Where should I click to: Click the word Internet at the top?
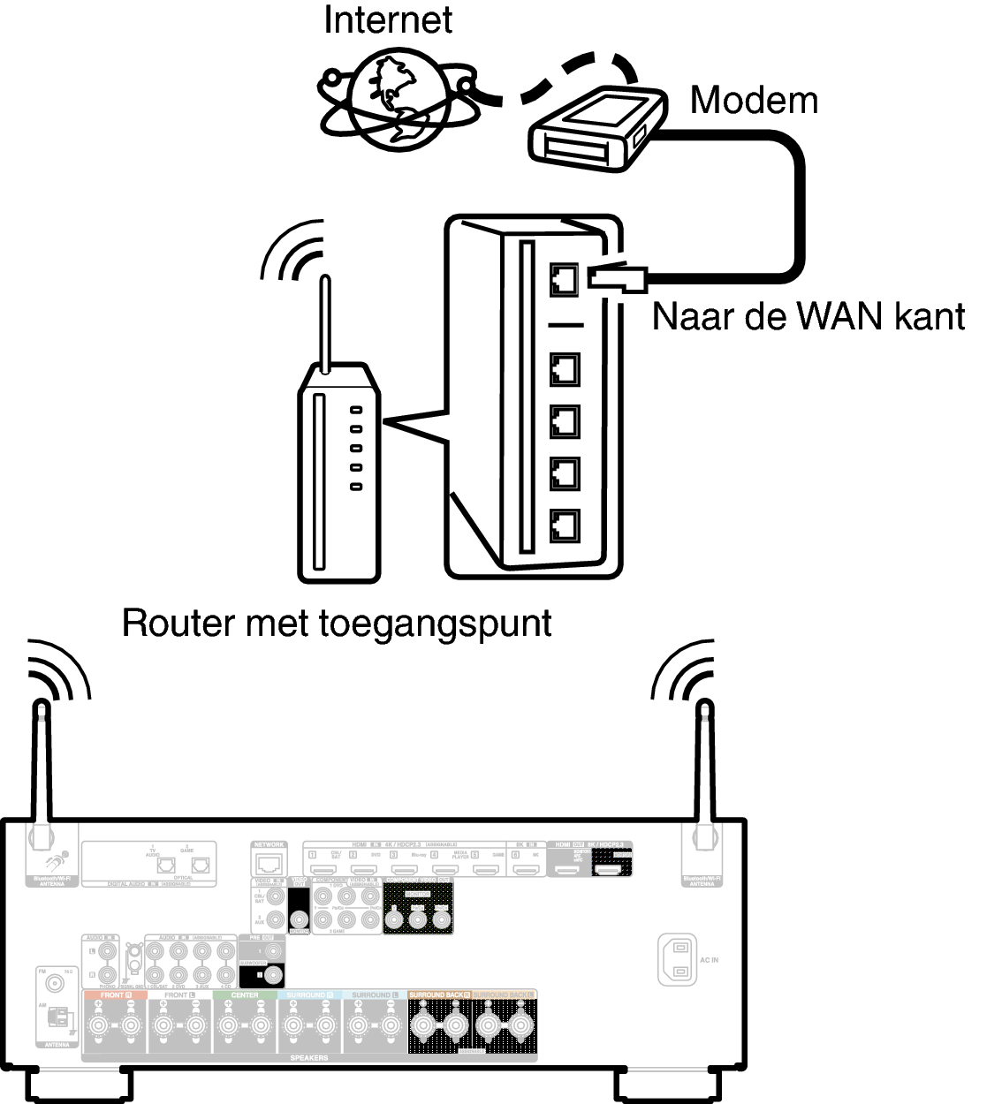click(x=388, y=19)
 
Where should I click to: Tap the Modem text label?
click(x=753, y=100)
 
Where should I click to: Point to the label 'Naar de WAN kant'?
click(x=808, y=315)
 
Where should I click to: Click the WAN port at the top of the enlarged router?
click(x=564, y=279)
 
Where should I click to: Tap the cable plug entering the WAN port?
click(x=619, y=278)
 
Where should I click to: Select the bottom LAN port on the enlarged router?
click(x=564, y=526)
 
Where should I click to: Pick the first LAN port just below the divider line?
click(x=564, y=368)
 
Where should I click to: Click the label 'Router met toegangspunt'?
click(x=337, y=623)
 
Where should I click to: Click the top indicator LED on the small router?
click(x=356, y=411)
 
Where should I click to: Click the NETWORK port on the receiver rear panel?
click(x=269, y=865)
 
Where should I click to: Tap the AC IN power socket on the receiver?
click(x=678, y=959)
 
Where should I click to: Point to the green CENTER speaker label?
click(x=245, y=994)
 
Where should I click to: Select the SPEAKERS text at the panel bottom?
click(x=308, y=1057)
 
